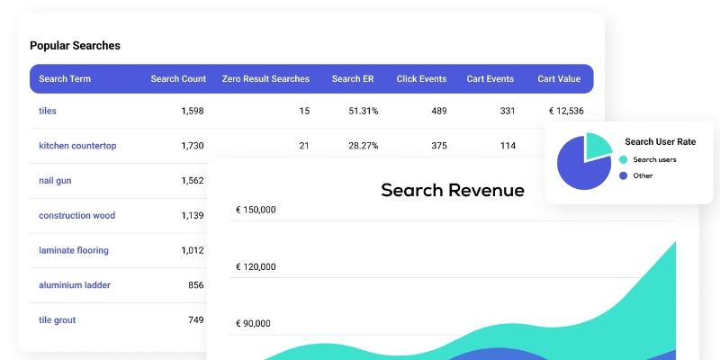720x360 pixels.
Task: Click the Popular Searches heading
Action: point(75,46)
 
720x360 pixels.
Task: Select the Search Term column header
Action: point(65,79)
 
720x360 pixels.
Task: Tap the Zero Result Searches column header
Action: point(265,79)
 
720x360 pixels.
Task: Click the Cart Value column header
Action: point(559,79)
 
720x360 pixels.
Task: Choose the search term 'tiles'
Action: point(48,112)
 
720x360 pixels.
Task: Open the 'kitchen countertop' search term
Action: point(77,146)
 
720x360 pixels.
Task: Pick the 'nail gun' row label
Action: point(55,181)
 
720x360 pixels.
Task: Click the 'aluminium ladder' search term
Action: point(75,285)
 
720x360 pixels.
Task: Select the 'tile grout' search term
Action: point(58,320)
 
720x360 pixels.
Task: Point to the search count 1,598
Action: point(193,112)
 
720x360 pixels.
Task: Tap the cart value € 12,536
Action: point(566,112)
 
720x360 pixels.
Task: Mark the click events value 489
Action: point(438,112)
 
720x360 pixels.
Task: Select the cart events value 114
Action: point(508,146)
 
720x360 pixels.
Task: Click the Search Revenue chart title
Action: point(452,190)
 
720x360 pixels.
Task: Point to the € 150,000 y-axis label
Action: point(256,211)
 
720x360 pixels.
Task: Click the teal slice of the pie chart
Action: point(598,147)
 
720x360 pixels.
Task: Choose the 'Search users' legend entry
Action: point(654,159)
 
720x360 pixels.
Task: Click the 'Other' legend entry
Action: point(643,175)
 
